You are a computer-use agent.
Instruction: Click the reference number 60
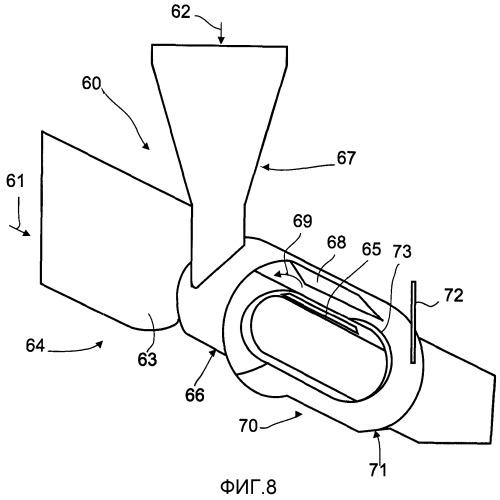(91, 83)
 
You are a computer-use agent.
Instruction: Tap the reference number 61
(15, 182)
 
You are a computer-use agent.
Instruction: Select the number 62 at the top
(181, 12)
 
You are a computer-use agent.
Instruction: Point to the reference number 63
(147, 360)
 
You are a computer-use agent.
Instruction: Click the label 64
(35, 346)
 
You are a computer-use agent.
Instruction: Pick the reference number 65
(371, 249)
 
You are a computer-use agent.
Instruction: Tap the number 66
(195, 395)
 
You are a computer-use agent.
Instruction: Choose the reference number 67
(346, 158)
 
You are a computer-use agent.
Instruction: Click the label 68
(336, 242)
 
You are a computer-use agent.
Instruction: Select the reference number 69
(303, 221)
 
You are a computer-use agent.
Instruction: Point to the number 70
(248, 426)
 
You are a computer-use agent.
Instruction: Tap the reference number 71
(378, 470)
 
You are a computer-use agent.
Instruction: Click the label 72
(454, 295)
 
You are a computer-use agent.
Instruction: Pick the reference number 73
(402, 252)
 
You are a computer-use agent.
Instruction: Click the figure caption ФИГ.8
(248, 487)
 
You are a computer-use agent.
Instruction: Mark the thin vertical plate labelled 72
(413, 322)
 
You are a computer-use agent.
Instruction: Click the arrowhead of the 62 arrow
(221, 40)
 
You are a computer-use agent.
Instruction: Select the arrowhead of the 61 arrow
(26, 233)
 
